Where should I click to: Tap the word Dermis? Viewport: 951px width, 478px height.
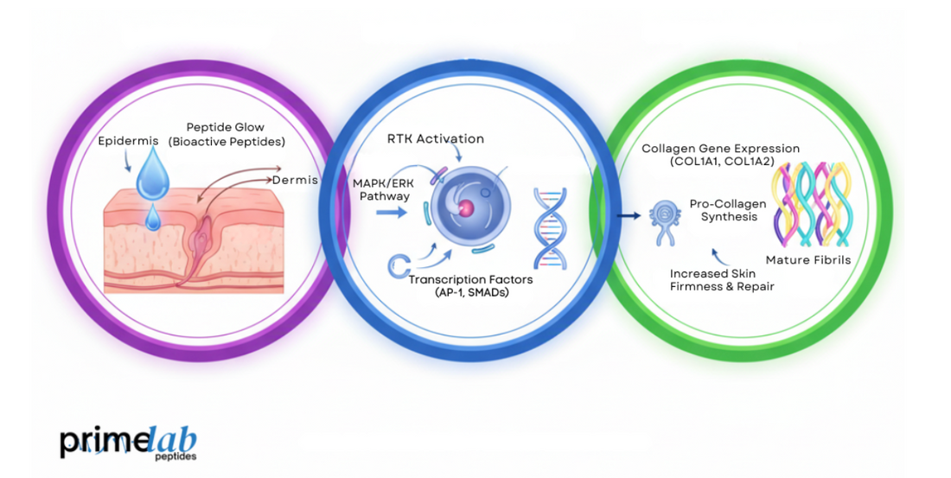click(295, 180)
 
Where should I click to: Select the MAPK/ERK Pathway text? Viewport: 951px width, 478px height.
click(381, 189)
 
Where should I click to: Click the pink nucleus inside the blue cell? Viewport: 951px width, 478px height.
click(467, 207)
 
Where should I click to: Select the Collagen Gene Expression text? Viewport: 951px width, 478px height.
click(720, 155)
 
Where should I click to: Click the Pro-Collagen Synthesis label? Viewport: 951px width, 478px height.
click(724, 209)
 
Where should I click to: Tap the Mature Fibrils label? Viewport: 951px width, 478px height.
click(807, 259)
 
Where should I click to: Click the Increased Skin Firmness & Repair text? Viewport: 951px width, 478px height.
click(722, 279)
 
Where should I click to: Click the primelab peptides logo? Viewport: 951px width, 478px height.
click(127, 443)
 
